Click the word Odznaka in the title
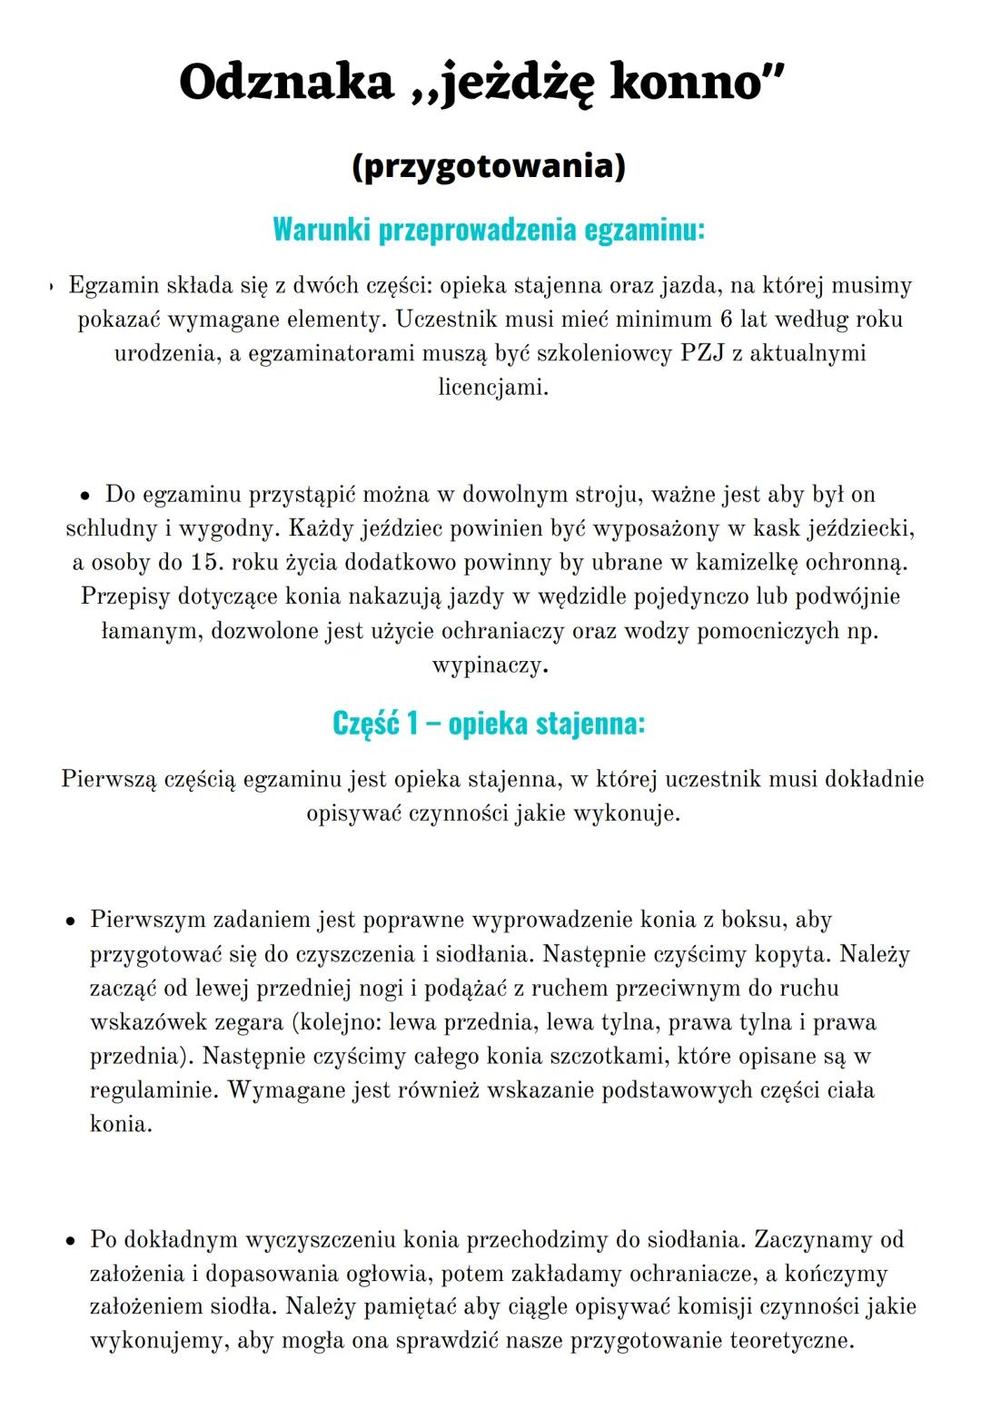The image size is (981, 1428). pyautogui.click(x=287, y=83)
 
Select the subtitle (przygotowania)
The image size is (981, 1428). pyautogui.click(x=489, y=167)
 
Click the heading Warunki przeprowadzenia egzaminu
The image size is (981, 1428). pyautogui.click(x=489, y=230)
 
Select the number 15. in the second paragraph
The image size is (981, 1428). pyautogui.click(x=207, y=562)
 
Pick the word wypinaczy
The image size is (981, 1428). pyautogui.click(x=490, y=665)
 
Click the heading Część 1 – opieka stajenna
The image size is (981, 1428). pyautogui.click(x=489, y=724)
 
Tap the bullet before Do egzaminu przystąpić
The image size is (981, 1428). pyautogui.click(x=84, y=496)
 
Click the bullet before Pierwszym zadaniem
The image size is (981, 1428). pyautogui.click(x=69, y=921)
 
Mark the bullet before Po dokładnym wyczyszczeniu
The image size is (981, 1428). pyautogui.click(x=69, y=1240)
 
